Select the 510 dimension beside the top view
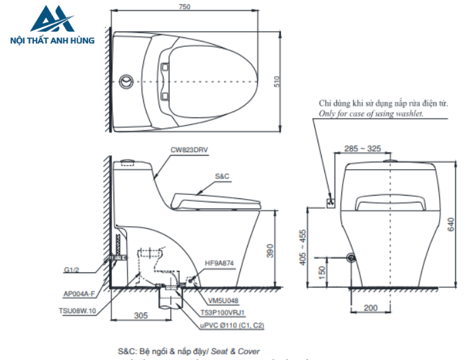click(x=277, y=82)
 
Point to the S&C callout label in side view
click(x=223, y=176)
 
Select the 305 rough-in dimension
click(x=140, y=315)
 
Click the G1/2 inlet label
click(x=73, y=270)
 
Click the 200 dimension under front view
click(x=370, y=308)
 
